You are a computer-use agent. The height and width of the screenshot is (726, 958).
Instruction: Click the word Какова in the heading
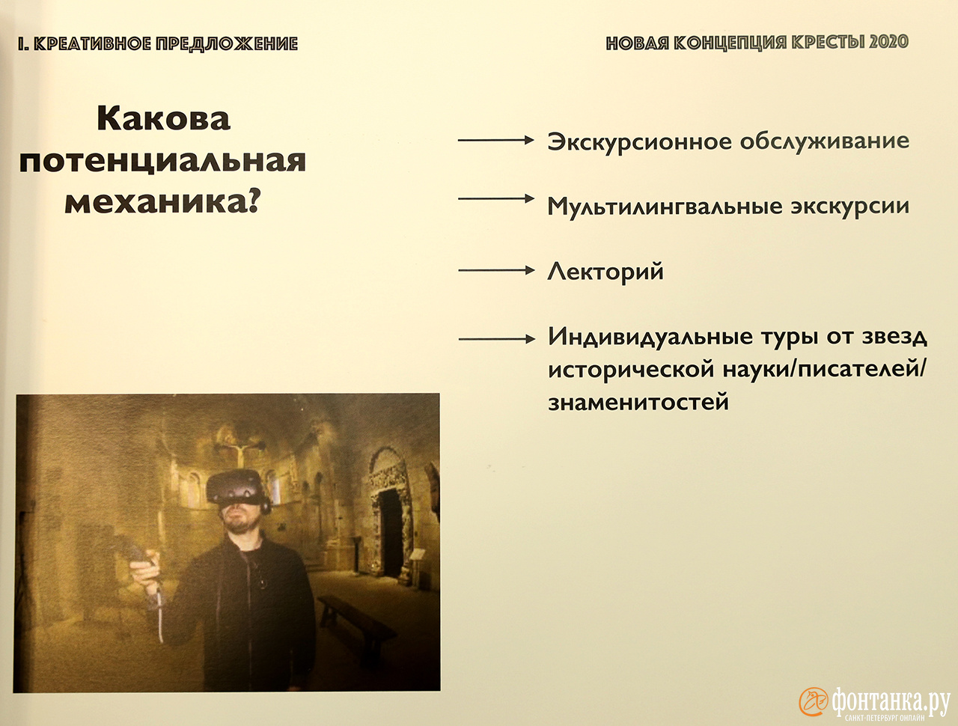(x=163, y=118)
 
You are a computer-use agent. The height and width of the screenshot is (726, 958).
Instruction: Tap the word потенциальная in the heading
(x=162, y=162)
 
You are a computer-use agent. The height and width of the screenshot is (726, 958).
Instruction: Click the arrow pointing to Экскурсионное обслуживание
(x=495, y=140)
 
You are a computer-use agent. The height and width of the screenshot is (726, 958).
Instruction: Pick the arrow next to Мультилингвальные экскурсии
(x=495, y=198)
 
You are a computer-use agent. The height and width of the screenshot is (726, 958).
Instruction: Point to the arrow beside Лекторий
(x=496, y=270)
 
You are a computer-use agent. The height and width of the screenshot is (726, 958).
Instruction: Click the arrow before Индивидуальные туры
(x=497, y=339)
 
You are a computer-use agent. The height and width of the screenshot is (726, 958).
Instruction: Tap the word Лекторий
(x=605, y=272)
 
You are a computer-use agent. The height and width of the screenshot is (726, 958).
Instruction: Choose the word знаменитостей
(x=638, y=402)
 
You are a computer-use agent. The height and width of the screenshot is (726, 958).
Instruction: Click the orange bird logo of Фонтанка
(x=814, y=701)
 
